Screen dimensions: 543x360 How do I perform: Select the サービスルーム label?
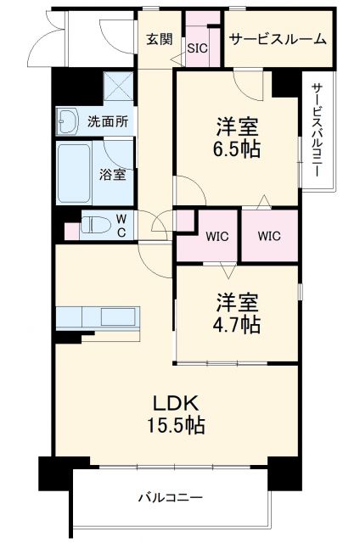click(x=276, y=39)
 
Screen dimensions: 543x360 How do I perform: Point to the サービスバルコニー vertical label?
click(x=316, y=129)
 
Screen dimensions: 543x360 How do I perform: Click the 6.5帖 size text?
click(x=236, y=149)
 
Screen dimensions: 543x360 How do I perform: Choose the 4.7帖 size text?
click(x=237, y=324)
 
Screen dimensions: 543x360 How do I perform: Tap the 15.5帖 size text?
click(x=176, y=425)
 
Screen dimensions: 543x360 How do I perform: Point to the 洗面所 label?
click(x=108, y=120)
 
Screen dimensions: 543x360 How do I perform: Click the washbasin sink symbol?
click(x=68, y=121)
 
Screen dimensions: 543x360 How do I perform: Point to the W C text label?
click(x=121, y=225)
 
